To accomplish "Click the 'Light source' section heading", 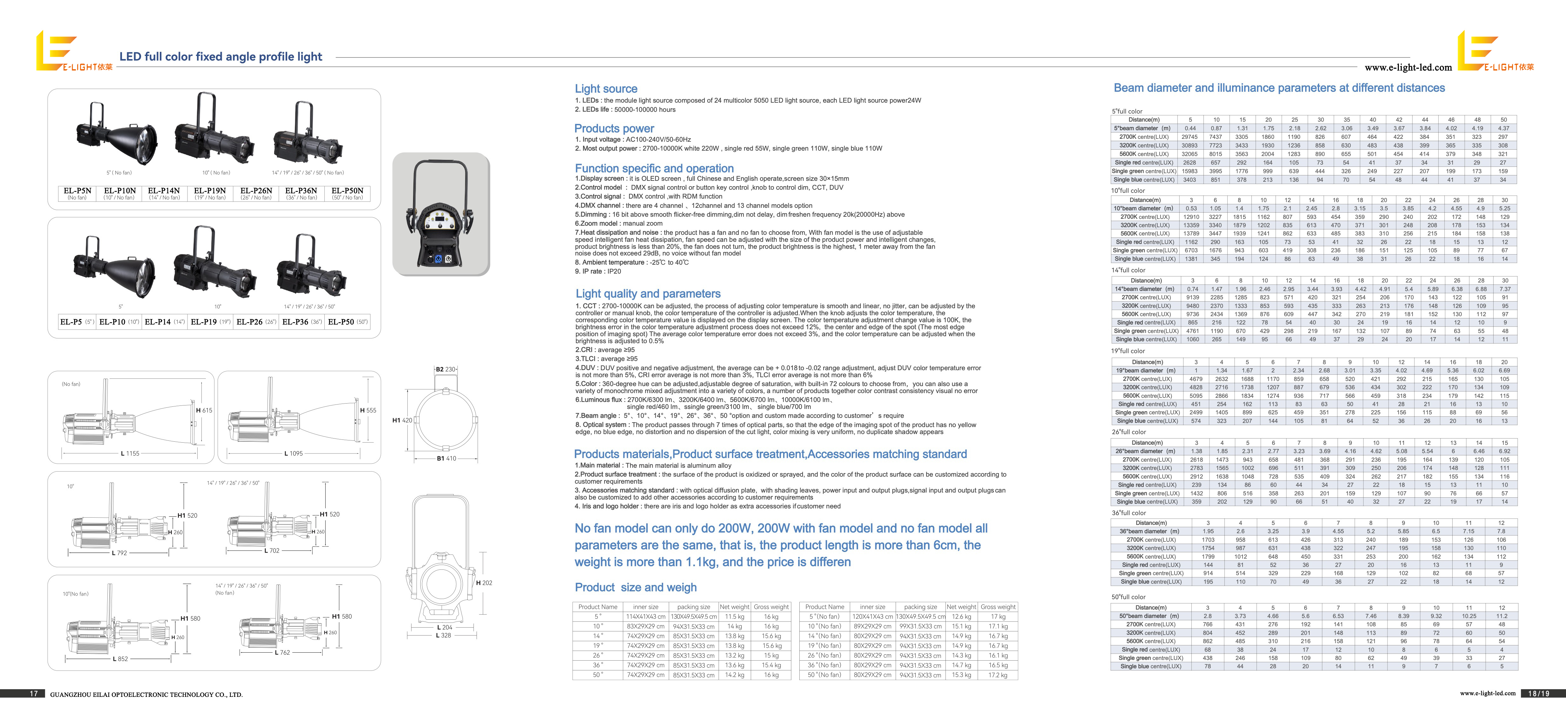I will pos(606,89).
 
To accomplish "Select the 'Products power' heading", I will pos(614,128).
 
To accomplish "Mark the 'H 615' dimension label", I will pos(204,411).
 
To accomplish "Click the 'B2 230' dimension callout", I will pos(446,369).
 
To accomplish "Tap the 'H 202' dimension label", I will pos(484,583).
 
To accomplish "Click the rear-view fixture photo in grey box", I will pos(441,214).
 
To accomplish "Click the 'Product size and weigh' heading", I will pos(636,588).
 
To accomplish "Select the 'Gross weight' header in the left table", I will pos(771,607).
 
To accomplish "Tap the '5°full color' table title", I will pos(1127,111).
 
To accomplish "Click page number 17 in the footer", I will pos(34,693).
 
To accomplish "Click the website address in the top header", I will pos(1408,67).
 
